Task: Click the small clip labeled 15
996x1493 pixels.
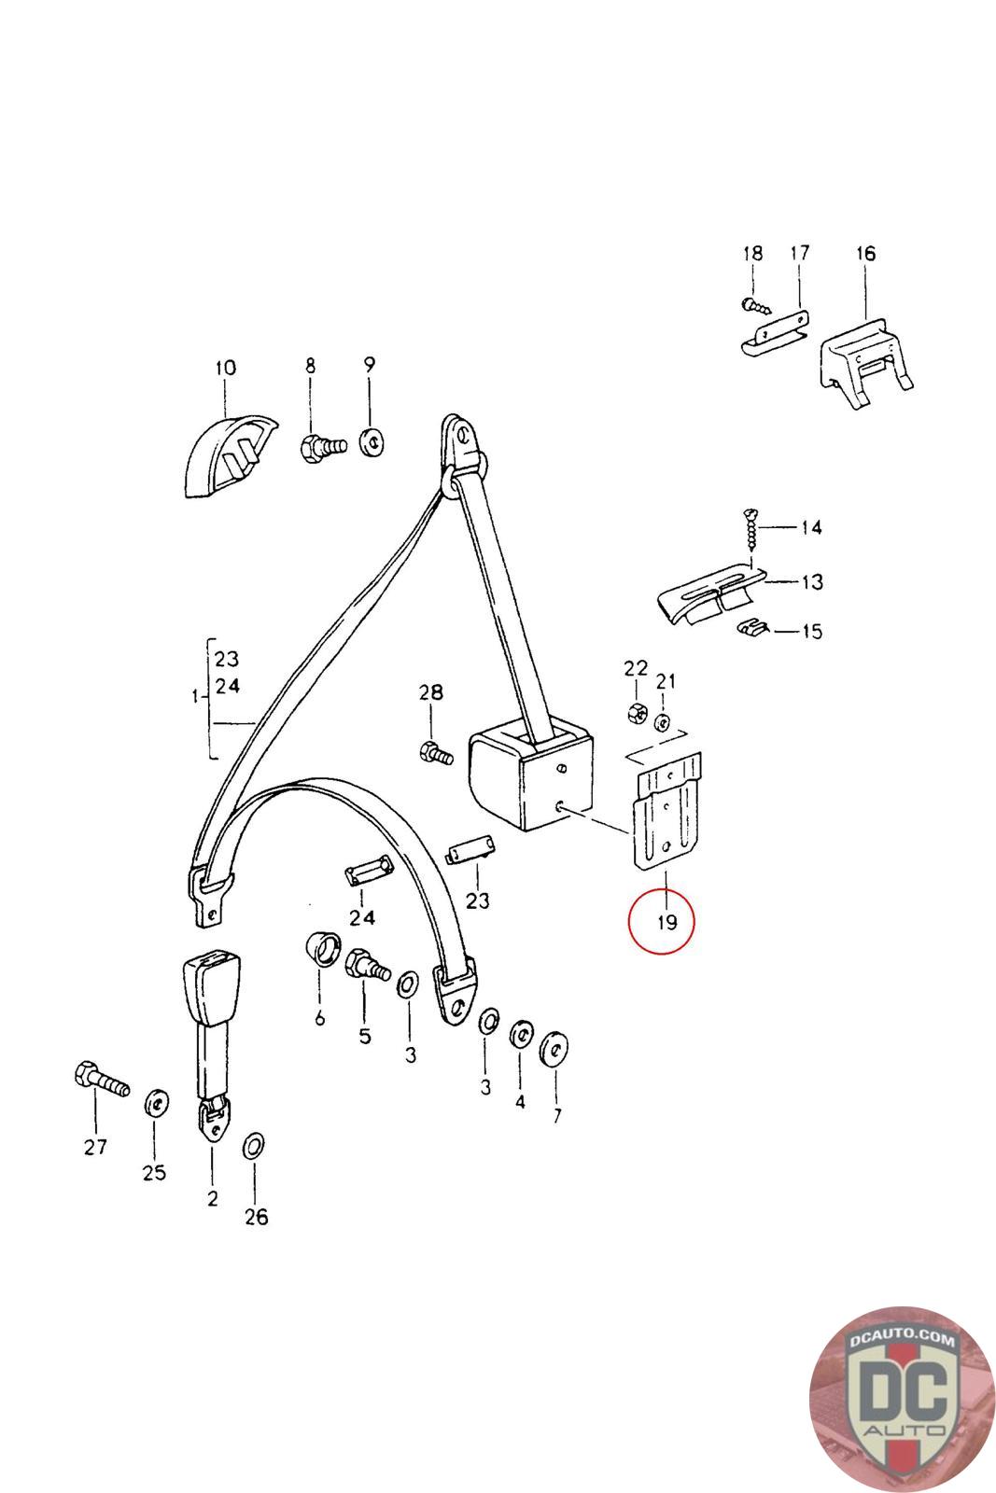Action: click(748, 628)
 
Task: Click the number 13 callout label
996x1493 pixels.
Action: click(811, 582)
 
